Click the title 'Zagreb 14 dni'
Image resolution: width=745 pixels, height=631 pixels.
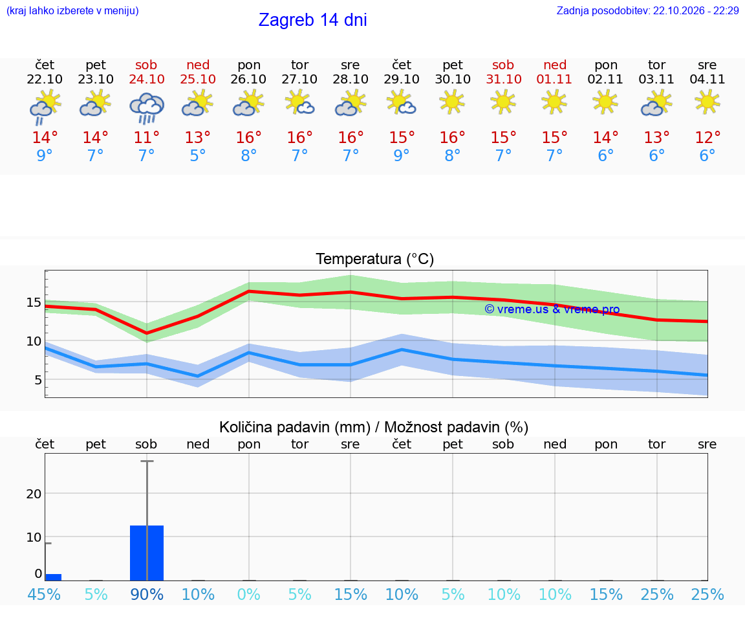[312, 20]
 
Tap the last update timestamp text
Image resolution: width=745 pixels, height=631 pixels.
[647, 10]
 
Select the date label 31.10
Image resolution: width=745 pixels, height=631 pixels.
[504, 79]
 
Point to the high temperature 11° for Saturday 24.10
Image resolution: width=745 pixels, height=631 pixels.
[146, 137]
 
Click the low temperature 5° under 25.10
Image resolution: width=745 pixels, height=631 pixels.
[198, 155]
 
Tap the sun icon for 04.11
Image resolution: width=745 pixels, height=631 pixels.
[707, 102]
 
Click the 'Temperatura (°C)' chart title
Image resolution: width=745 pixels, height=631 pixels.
[375, 259]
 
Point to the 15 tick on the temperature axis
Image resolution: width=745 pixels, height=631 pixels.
[34, 302]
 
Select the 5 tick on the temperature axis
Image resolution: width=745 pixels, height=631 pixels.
[38, 380]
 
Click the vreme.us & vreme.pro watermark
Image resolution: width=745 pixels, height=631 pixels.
[552, 309]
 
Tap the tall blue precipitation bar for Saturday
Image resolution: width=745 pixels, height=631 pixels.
[147, 553]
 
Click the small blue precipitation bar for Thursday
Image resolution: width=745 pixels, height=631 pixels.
[53, 577]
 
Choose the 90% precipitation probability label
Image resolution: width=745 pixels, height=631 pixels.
[147, 594]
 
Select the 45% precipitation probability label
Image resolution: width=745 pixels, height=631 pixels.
[44, 594]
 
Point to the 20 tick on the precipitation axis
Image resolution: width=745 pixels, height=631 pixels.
[34, 494]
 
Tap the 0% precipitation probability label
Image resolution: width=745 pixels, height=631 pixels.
[249, 594]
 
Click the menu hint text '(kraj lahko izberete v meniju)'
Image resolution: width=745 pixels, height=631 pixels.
[72, 10]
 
